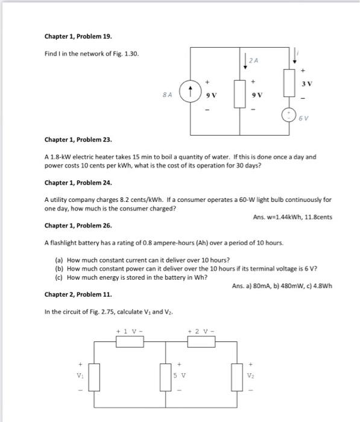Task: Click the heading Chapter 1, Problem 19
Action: [70, 36]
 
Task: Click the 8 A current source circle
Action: [191, 93]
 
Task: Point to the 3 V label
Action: [307, 83]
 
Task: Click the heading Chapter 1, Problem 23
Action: [70, 139]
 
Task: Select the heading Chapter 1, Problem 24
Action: [70, 182]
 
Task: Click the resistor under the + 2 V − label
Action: [201, 341]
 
